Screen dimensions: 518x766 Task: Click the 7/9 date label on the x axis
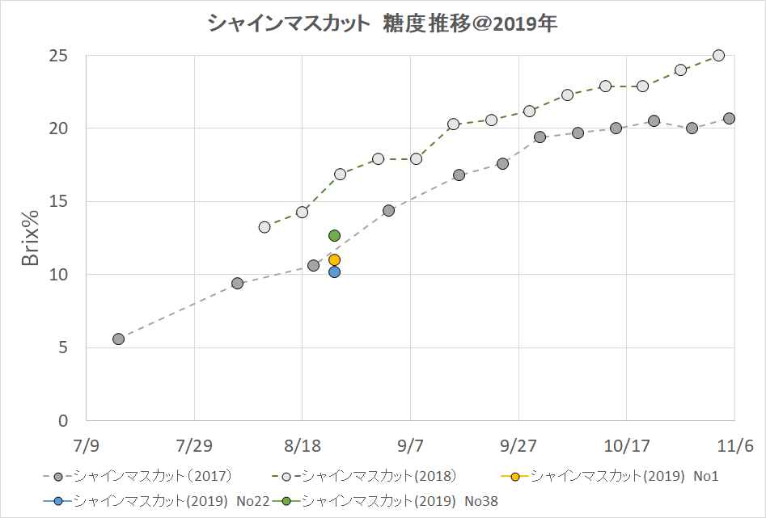click(86, 445)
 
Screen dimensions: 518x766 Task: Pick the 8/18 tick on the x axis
click(302, 445)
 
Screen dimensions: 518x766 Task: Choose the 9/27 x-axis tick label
click(518, 445)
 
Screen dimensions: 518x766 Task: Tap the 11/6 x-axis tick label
click(734, 445)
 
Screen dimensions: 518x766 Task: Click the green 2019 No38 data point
click(334, 235)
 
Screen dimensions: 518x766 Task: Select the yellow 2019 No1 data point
click(334, 260)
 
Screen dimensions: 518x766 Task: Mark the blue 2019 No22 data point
click(334, 272)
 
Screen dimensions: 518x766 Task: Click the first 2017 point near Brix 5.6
click(118, 339)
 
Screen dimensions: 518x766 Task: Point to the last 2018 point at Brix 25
click(718, 56)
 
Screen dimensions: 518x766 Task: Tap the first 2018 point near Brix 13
click(265, 227)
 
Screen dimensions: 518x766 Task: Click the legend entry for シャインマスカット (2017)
click(138, 476)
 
